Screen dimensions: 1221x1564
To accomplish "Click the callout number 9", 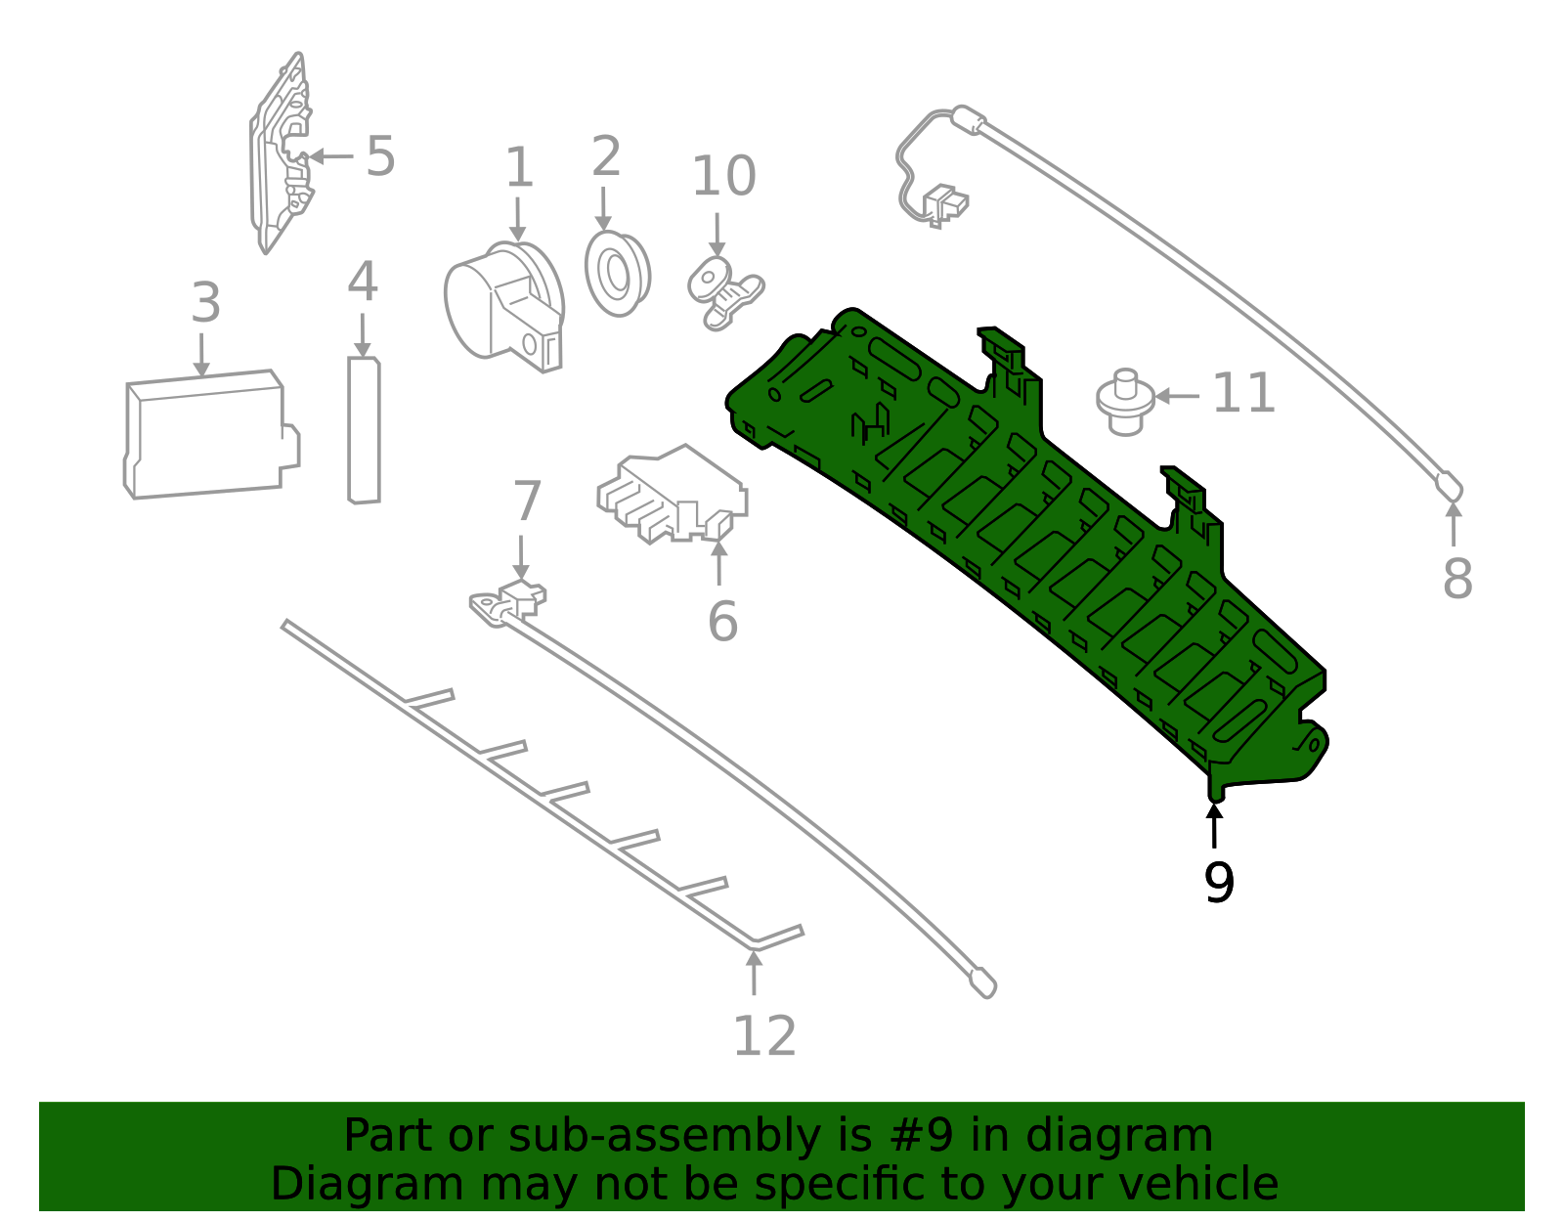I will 1219,883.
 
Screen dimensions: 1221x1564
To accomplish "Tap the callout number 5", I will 380,156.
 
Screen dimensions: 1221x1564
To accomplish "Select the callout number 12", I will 764,1036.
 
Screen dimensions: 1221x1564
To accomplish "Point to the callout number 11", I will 1243,394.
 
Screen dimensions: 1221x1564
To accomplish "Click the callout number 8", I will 1456,579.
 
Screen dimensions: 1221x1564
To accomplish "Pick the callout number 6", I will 722,622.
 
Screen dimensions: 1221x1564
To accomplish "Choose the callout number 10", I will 723,177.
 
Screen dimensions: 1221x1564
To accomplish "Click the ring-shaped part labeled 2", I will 618,273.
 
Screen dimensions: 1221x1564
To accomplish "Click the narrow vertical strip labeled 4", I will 364,431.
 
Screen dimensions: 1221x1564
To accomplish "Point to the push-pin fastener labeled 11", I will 1125,401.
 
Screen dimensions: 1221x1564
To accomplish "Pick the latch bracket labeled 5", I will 282,156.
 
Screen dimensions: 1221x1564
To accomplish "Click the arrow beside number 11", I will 1177,396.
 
